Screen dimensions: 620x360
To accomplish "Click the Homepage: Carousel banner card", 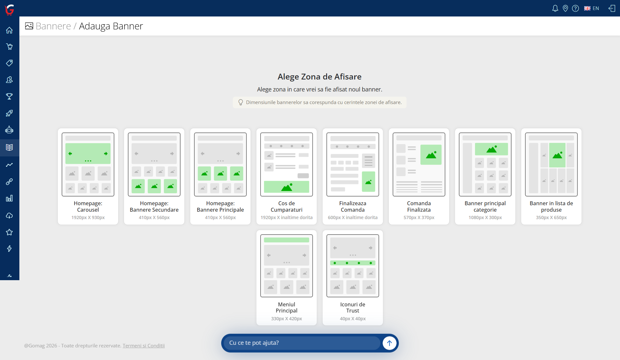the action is point(88,176).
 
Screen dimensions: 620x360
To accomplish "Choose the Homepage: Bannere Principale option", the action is point(220,176).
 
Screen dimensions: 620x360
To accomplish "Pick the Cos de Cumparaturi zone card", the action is point(286,176).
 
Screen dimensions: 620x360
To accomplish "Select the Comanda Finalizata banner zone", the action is point(419,176).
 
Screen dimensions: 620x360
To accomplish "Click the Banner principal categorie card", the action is point(485,176).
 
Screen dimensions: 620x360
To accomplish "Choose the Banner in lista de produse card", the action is point(551,176).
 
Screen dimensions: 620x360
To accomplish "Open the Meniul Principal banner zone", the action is point(286,278).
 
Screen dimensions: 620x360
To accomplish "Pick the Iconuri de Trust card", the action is point(353,278).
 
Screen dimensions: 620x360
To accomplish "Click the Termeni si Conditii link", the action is point(144,345).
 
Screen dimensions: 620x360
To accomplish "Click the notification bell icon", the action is point(555,8).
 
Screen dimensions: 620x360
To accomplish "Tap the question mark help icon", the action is point(575,8).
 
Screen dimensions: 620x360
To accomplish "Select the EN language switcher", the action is point(592,8).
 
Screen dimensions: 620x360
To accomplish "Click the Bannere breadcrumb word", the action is point(53,26).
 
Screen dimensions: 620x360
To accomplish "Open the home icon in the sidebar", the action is point(9,30).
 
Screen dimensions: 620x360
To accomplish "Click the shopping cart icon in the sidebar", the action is point(9,47).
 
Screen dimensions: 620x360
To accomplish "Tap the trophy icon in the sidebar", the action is point(9,96).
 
